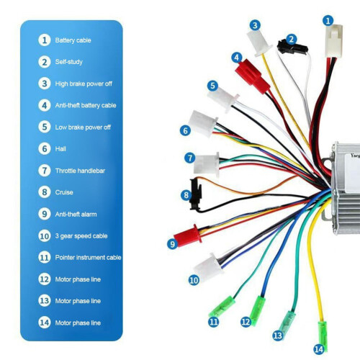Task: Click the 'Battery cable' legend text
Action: coord(73,40)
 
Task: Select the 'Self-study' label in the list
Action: coord(69,62)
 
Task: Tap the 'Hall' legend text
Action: coord(60,149)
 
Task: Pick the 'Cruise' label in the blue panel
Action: coord(64,192)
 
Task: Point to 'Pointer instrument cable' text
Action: coord(88,258)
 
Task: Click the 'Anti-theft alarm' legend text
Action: coord(76,214)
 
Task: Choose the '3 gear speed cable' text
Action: coord(81,236)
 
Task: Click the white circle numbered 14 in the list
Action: coord(45,323)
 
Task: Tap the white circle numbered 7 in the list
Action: coord(45,171)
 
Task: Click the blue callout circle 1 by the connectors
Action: coord(328,21)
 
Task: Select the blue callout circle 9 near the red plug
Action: coord(172,244)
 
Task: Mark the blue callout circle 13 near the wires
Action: coord(278,336)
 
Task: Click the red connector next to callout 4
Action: coord(253,76)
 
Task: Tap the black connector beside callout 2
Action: coord(292,48)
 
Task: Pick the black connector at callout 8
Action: coord(196,194)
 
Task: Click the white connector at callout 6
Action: coord(203,124)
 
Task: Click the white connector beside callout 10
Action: coord(208,268)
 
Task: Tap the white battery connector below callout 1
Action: coord(334,41)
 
